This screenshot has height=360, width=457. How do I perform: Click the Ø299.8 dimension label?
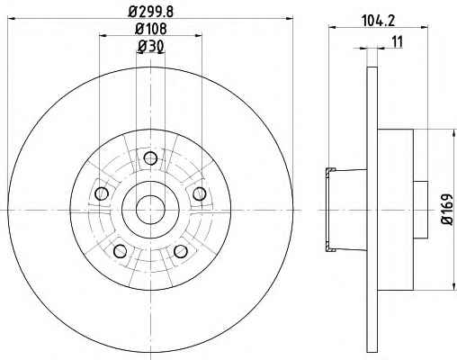151,12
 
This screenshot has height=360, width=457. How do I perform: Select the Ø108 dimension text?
151,29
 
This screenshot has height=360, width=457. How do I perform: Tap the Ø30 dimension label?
151,46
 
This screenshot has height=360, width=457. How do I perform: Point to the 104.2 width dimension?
378,21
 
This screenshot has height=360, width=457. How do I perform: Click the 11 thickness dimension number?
398,42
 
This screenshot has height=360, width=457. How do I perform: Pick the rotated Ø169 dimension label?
447,209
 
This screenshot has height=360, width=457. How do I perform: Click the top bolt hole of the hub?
150,158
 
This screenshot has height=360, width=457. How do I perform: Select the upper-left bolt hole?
102,193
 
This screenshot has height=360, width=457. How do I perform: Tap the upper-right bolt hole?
199,193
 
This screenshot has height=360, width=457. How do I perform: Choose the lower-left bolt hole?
121,251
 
